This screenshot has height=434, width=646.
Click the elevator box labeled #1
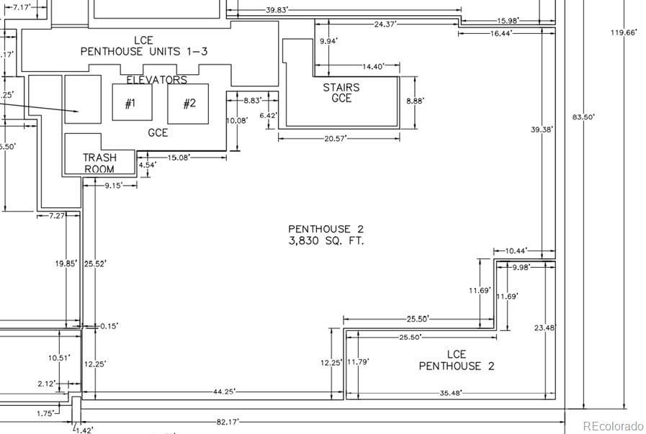[133, 102]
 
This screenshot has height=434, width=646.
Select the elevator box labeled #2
[188, 104]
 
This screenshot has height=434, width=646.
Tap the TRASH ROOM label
[99, 163]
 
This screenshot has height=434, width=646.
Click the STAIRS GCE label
[341, 93]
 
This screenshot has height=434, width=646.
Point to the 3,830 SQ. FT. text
[326, 241]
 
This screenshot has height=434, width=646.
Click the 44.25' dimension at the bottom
[224, 392]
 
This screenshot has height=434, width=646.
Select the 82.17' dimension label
[228, 422]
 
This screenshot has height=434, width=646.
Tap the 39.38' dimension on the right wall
[542, 130]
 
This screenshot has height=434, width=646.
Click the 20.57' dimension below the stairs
[336, 139]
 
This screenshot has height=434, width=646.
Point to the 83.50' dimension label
[583, 117]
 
